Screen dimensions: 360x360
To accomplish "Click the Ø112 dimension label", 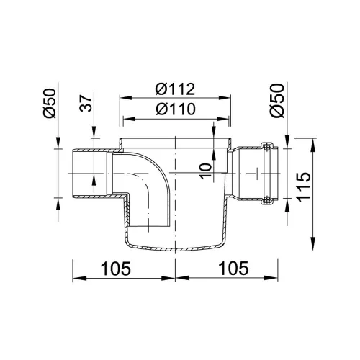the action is click(175, 89).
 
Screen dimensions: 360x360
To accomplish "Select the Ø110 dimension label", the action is click(176, 109).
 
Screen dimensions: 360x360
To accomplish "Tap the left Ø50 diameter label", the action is click(50, 103).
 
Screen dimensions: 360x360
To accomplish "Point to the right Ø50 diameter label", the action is click(277, 101).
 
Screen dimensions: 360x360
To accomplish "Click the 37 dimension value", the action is click(86, 104).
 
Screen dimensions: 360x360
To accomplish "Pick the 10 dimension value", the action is click(206, 171).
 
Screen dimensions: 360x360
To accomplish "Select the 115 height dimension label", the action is click(303, 186).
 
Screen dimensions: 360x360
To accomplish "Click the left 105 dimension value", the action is click(116, 268).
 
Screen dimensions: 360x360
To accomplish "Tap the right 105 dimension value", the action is click(234, 268).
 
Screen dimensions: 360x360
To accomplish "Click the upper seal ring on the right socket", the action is click(266, 148).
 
